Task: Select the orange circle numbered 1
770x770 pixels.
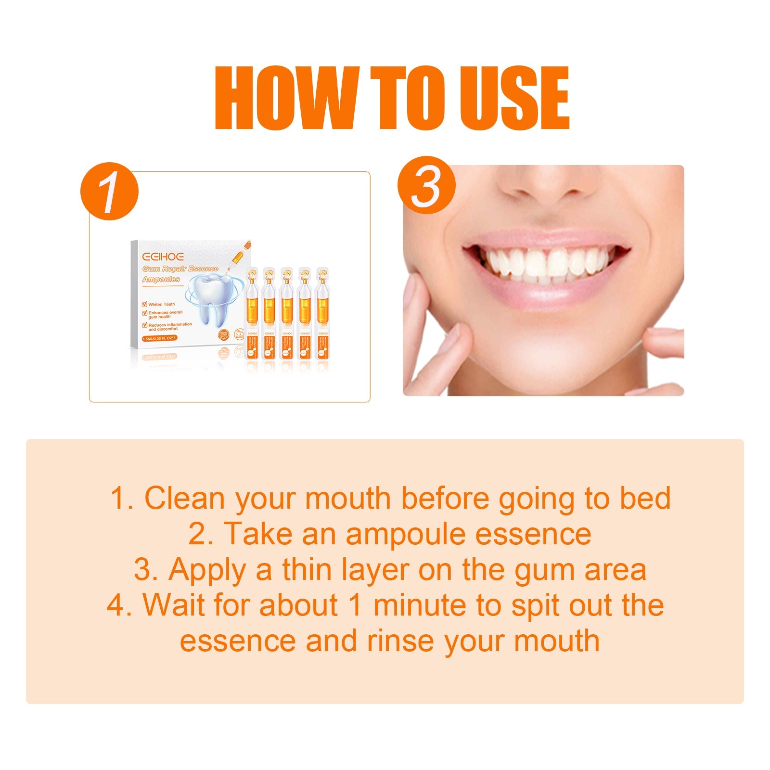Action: pos(109,191)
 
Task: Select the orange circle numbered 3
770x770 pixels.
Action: pos(426,185)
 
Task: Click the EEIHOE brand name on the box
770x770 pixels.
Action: pos(163,256)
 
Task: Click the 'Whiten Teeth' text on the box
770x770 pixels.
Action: pos(161,304)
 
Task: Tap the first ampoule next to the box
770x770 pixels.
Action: pos(252,313)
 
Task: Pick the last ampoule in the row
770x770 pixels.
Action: pos(321,313)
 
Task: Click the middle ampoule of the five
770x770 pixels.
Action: pos(287,313)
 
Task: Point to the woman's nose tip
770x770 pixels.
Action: pos(549,190)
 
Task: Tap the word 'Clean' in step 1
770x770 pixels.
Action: pos(184,498)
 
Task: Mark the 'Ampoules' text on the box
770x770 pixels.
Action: pos(161,279)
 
